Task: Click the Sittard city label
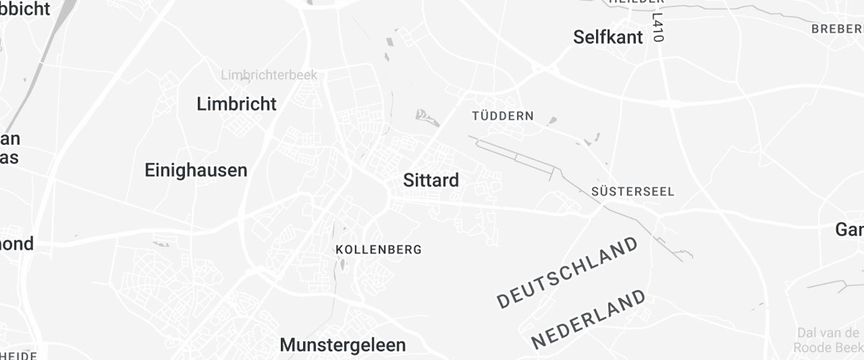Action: pyautogui.click(x=431, y=180)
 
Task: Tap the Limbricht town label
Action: pyautogui.click(x=236, y=104)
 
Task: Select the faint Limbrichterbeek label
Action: pyautogui.click(x=269, y=75)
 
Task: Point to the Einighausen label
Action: pyautogui.click(x=196, y=171)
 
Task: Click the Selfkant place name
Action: pyautogui.click(x=608, y=37)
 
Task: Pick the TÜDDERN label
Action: pyautogui.click(x=503, y=116)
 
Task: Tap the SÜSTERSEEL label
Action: pyautogui.click(x=632, y=192)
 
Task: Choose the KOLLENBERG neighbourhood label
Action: pyautogui.click(x=379, y=250)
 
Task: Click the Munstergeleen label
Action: pyautogui.click(x=343, y=345)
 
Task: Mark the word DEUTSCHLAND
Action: pyautogui.click(x=568, y=272)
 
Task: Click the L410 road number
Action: pyautogui.click(x=657, y=27)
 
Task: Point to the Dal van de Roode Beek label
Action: pyautogui.click(x=829, y=338)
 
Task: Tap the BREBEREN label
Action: pyautogui.click(x=837, y=30)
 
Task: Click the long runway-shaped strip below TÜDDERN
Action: pyautogui.click(x=516, y=155)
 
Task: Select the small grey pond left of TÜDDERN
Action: pyautogui.click(x=426, y=115)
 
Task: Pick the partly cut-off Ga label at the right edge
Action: pyautogui.click(x=850, y=230)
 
